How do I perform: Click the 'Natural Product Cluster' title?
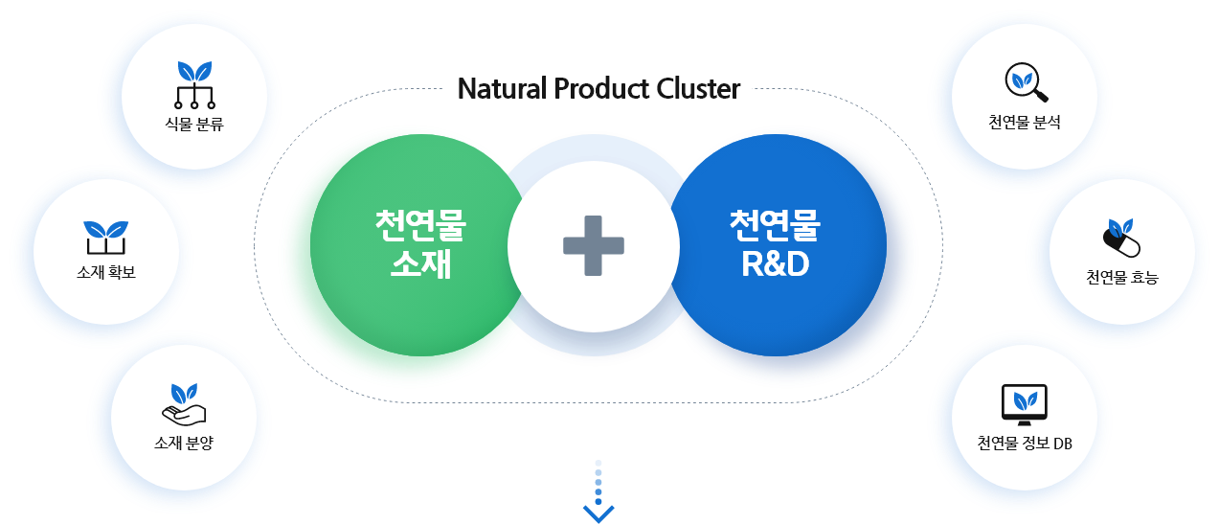tap(598, 89)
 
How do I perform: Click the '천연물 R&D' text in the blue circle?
tap(775, 244)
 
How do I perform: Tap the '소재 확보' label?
tap(106, 272)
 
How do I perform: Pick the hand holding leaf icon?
tap(184, 406)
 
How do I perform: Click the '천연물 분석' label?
tap(1025, 123)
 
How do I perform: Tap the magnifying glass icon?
tap(1027, 82)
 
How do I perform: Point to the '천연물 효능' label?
tap(1121, 278)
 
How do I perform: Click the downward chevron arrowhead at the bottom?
tap(598, 514)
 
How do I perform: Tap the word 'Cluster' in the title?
tap(699, 89)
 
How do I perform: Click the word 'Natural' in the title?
tap(499, 89)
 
